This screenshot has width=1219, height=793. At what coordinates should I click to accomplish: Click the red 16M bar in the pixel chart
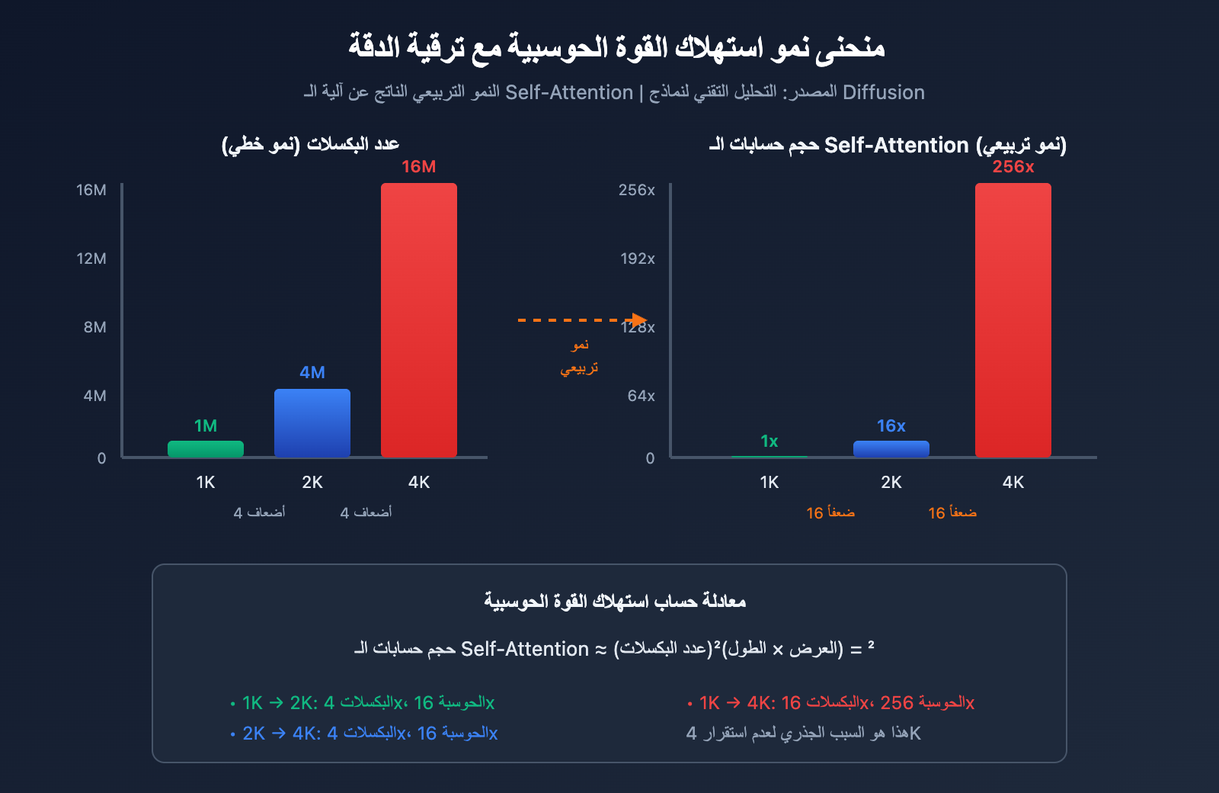419,320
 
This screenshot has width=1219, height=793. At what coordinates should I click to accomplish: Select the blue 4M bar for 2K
312,423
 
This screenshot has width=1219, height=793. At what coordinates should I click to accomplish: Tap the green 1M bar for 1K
206,449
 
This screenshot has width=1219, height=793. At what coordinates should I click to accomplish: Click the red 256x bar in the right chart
1013,320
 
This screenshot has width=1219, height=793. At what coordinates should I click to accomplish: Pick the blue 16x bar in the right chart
891,449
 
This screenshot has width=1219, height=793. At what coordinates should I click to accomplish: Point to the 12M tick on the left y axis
91,258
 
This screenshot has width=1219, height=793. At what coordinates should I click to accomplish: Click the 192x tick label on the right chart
638,258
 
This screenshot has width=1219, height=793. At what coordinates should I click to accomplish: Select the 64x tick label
641,396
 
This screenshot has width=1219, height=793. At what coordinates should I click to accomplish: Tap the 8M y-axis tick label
95,327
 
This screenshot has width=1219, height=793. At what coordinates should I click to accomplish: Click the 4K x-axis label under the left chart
419,482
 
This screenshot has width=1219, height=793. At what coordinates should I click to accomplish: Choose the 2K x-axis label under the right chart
891,482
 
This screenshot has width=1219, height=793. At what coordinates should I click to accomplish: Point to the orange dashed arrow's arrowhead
639,320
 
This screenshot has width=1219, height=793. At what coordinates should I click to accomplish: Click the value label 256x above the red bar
1013,167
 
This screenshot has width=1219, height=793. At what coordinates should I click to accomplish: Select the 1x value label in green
769,441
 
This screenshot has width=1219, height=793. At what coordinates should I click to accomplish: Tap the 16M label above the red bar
419,167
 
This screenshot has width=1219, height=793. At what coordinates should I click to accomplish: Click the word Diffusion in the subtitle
884,92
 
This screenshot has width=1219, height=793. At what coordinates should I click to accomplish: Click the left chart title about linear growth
310,144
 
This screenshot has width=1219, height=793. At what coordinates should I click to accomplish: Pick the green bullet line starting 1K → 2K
363,702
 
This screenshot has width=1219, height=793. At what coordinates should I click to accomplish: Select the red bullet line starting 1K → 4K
831,702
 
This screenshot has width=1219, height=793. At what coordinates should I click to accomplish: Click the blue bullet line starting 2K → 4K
364,733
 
